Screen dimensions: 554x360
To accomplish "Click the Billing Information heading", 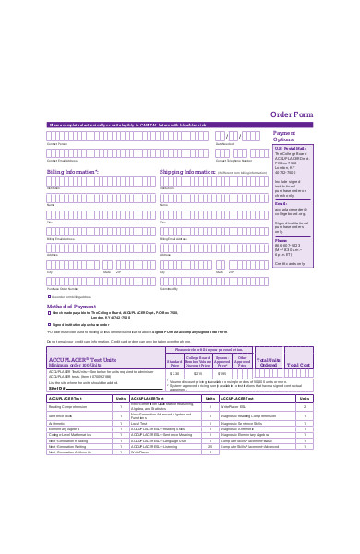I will [73, 171].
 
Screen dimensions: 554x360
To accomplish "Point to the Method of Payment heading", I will [72, 306].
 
